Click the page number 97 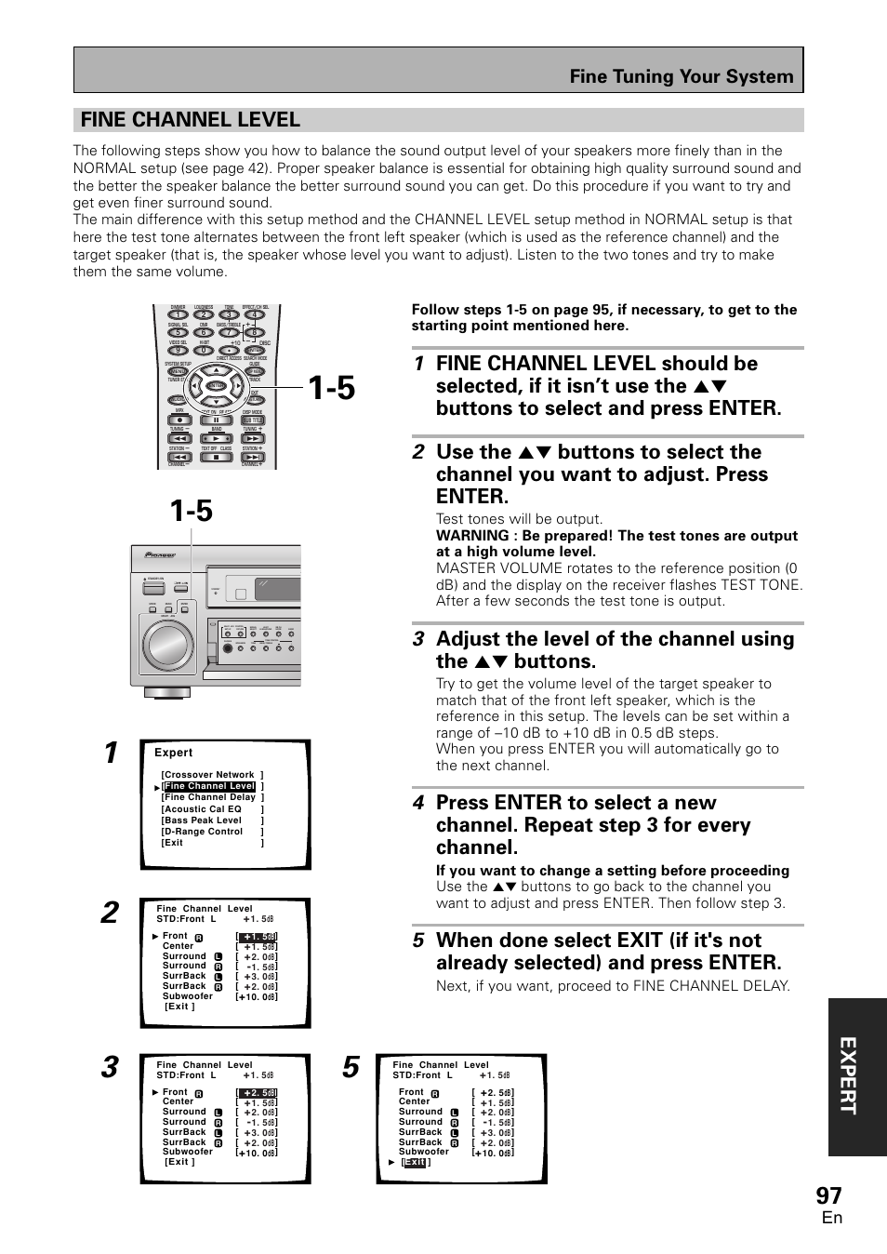[x=829, y=1194]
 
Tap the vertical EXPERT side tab [x=856, y=1078]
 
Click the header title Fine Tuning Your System [x=682, y=76]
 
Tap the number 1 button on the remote [x=178, y=314]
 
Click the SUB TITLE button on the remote [x=253, y=420]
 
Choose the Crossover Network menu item [x=212, y=775]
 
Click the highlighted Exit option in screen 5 [x=415, y=1162]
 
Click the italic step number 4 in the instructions [x=418, y=803]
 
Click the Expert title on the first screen [x=174, y=753]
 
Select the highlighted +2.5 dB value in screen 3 [x=258, y=1093]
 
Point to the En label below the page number [x=831, y=1219]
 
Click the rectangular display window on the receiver [x=267, y=589]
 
